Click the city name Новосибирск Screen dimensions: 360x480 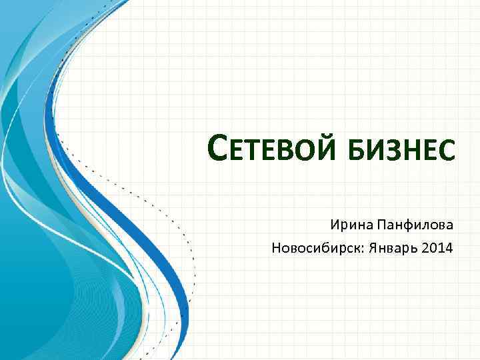click(x=316, y=249)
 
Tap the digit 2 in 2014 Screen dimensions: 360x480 click(x=427, y=249)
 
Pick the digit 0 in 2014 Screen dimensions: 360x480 click(x=434, y=249)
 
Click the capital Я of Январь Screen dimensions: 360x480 click(x=369, y=249)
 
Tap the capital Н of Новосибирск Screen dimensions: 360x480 click(x=276, y=249)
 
